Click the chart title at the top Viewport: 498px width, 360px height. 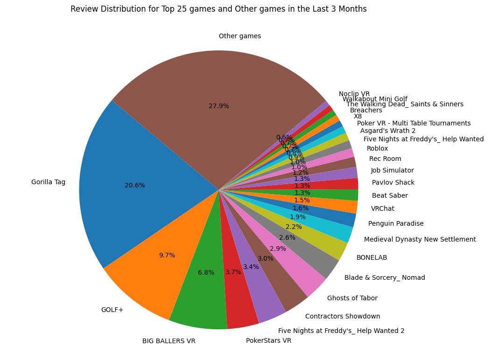[x=218, y=9]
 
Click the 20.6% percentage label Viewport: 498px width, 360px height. [x=135, y=185]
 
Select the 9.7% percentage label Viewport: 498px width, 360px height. [x=167, y=255]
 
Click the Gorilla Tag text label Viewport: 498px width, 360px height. [x=48, y=182]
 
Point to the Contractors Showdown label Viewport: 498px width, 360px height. [x=342, y=316]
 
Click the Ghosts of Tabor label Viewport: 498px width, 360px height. [x=352, y=298]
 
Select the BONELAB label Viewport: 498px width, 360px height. [x=372, y=257]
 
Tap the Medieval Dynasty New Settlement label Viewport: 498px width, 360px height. [x=420, y=239]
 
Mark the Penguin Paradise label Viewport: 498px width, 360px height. [x=396, y=223]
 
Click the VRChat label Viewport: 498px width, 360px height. [x=382, y=208]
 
